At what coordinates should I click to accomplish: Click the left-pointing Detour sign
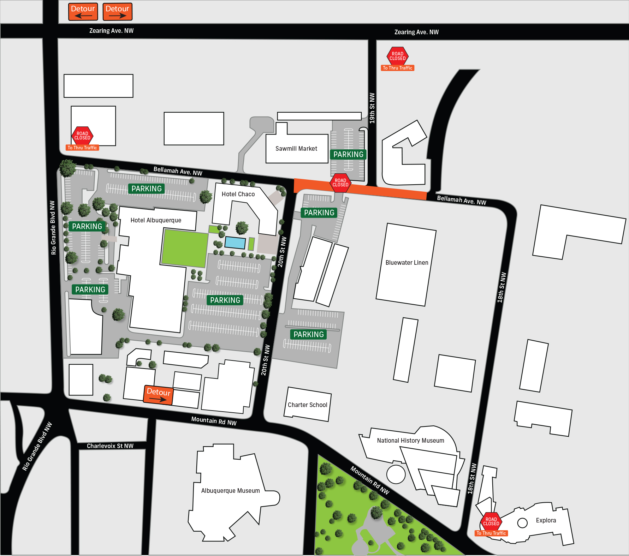[x=83, y=12]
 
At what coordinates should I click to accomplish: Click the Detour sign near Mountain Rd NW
[x=158, y=395]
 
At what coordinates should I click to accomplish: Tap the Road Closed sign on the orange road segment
[x=340, y=183]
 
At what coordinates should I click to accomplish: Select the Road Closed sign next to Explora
[x=491, y=521]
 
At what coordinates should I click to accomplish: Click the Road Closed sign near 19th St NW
[x=397, y=56]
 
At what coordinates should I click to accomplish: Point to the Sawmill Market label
[x=296, y=149]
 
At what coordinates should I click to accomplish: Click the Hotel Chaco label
[x=238, y=194]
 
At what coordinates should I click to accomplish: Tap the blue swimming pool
[x=235, y=243]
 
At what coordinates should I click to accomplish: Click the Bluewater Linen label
[x=407, y=263]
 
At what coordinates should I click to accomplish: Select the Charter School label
[x=307, y=405]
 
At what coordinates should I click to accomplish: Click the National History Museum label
[x=410, y=441]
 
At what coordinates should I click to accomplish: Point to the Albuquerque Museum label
[x=230, y=491]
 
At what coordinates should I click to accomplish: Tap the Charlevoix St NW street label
[x=110, y=446]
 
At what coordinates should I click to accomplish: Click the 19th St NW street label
[x=372, y=108]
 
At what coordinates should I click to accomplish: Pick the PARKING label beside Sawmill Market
[x=348, y=154]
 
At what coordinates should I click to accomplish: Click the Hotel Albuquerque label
[x=156, y=220]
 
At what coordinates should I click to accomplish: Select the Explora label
[x=546, y=520]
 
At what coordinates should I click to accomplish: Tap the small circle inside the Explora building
[x=522, y=523]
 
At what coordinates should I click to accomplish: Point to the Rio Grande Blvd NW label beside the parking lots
[x=53, y=228]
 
